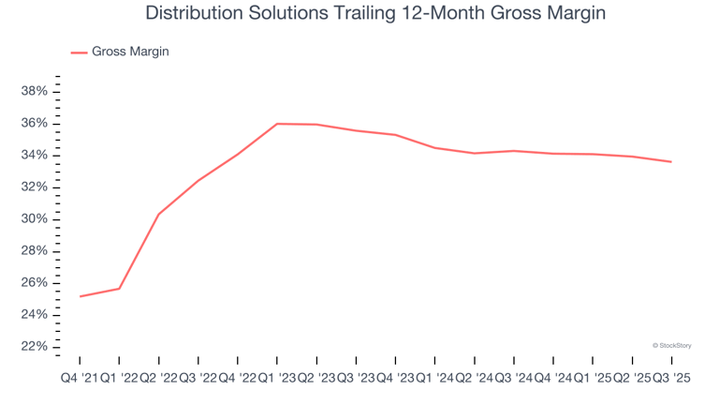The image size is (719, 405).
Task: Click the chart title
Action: (374, 14)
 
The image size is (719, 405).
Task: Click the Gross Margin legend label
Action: (130, 52)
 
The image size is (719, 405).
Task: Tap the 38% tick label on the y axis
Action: (35, 92)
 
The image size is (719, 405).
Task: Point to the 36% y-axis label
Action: (35, 124)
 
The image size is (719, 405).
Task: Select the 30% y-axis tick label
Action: (35, 219)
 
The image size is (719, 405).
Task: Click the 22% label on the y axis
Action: (35, 347)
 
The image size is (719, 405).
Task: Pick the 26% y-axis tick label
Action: (35, 283)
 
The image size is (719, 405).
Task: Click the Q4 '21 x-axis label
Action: (79, 378)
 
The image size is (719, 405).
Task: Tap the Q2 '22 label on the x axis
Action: (158, 378)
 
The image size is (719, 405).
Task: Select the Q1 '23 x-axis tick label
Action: (277, 378)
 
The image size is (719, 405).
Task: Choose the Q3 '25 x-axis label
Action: (670, 378)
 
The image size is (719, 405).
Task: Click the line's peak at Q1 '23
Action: (277, 124)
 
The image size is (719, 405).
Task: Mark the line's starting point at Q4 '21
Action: (80, 296)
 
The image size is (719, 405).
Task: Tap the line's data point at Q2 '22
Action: (158, 215)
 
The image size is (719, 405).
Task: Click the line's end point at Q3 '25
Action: (670, 162)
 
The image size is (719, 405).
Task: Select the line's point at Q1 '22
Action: (119, 289)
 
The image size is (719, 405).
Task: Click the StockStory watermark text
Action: (672, 345)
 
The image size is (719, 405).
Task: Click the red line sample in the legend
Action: (79, 52)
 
